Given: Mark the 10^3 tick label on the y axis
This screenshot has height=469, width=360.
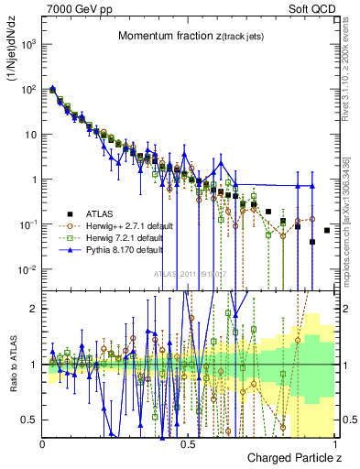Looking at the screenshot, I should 27,44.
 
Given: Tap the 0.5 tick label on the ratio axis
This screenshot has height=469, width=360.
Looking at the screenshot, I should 30,420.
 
